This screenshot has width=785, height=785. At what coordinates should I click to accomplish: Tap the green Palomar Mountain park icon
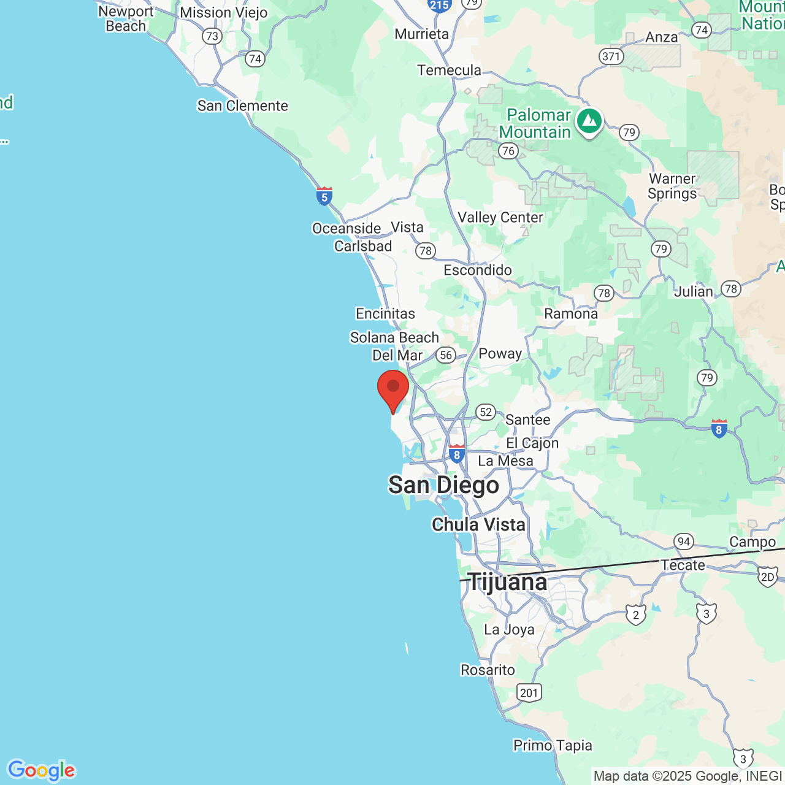(589, 121)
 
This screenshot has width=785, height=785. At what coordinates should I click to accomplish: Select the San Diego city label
(444, 485)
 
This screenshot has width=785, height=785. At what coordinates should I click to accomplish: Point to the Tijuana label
(507, 582)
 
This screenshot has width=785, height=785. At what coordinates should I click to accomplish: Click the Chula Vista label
(478, 525)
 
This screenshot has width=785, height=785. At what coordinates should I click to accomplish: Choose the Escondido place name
(478, 270)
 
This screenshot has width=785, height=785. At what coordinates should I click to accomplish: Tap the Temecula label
(450, 71)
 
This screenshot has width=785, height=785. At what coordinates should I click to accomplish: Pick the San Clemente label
(242, 106)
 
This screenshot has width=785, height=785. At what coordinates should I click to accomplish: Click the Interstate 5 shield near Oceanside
(324, 196)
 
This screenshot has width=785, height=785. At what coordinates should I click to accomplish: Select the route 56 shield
(446, 355)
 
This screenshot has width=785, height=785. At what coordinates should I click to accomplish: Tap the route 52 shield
(486, 412)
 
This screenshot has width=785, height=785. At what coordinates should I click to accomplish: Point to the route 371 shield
(611, 56)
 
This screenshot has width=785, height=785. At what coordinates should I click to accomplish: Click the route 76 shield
(508, 151)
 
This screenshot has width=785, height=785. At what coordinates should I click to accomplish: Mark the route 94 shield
(683, 542)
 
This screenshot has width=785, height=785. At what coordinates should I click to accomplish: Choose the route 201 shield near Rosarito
(529, 693)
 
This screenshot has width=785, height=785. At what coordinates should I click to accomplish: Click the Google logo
(41, 770)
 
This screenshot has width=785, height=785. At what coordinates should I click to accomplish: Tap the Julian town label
(694, 292)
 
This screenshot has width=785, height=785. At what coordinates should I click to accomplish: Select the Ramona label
(571, 314)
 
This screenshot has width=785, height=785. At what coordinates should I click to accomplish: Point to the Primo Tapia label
(553, 746)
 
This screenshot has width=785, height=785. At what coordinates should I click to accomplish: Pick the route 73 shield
(212, 36)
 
